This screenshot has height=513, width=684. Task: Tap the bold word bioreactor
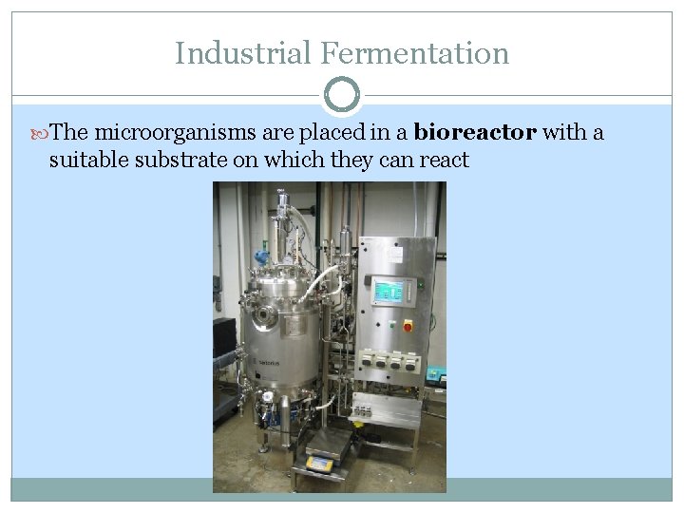tap(476, 132)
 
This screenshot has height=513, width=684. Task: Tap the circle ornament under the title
tap(342, 95)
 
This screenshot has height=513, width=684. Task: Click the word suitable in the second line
tap(87, 160)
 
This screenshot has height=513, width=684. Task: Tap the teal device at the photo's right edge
tap(435, 373)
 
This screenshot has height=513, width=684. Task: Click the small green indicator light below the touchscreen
tap(373, 325)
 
